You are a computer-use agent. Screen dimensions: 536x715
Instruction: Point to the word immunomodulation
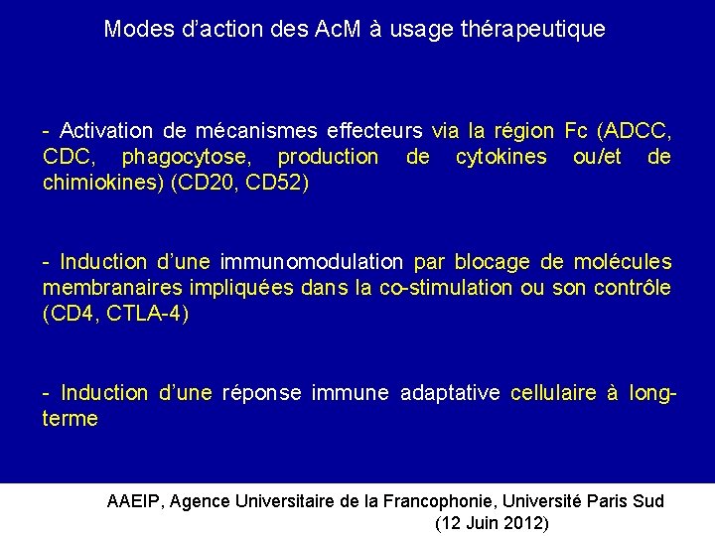312,262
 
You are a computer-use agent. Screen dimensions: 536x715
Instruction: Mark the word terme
71,419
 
